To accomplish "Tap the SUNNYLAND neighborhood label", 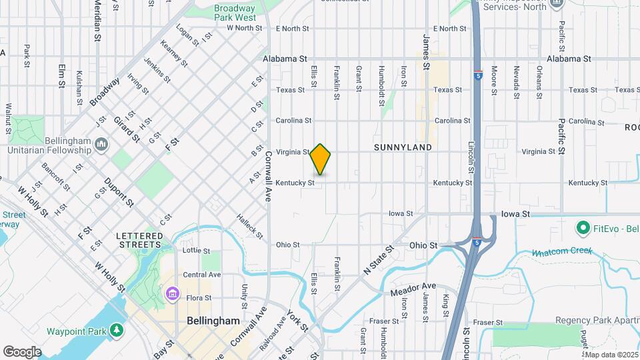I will tap(403, 147).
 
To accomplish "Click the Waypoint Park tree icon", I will tap(117, 331).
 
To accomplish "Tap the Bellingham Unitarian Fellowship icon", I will tap(101, 143).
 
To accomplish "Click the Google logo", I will tap(22, 352).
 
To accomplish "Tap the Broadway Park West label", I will tap(235, 13).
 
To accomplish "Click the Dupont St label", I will tap(119, 191).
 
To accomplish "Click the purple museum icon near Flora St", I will tap(173, 293).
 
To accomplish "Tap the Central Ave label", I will tap(201, 275).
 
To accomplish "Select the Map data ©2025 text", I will tap(611, 355).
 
